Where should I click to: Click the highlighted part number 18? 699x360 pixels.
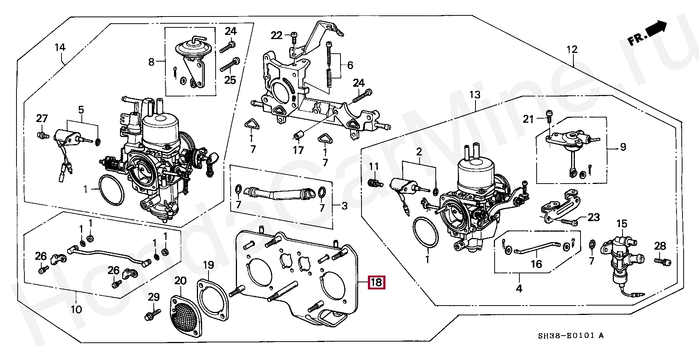pos(376,282)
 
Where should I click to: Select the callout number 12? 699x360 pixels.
pos(572,50)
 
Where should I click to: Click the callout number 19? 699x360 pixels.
pos(208,265)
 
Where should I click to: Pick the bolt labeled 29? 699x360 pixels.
pos(152,313)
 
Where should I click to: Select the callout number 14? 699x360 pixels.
pos(60,47)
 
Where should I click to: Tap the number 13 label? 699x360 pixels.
pos(475,95)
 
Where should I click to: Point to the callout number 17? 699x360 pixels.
pos(298,150)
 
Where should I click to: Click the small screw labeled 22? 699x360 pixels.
pos(294,35)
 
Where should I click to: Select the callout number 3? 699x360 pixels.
pos(344,206)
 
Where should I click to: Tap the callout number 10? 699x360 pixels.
pos(76,309)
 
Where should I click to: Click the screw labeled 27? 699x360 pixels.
pos(42,134)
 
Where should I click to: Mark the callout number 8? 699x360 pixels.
pos(151,62)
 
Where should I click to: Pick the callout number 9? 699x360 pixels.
pos(623,147)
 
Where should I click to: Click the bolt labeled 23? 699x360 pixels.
pos(570,222)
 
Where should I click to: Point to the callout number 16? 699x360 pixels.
pos(536,264)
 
